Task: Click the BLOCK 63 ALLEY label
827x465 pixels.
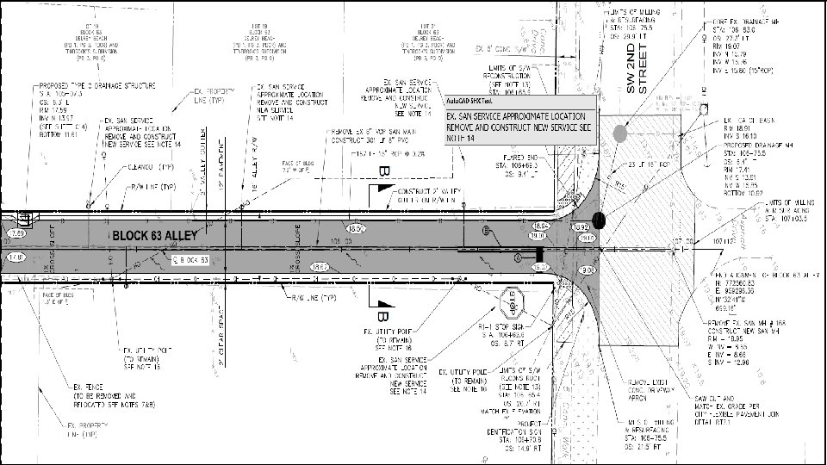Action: tap(154, 234)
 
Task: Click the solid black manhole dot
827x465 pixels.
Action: tap(600, 221)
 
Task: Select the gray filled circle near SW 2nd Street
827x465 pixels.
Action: tap(619, 133)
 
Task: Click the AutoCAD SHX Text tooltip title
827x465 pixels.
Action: tap(470, 101)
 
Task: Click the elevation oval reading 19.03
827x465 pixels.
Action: tap(588, 270)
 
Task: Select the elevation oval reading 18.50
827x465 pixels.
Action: tap(331, 227)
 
